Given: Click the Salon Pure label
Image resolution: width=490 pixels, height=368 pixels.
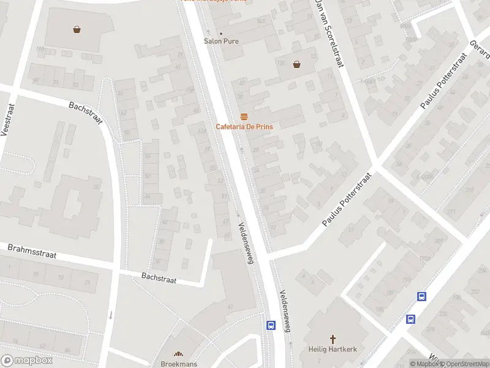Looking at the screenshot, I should (221, 41).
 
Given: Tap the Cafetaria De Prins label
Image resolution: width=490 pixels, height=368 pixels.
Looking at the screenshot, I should (244, 126).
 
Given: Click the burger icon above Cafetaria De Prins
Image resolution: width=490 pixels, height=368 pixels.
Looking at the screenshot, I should (244, 116).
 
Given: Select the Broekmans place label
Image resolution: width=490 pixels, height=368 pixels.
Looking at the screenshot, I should (179, 364).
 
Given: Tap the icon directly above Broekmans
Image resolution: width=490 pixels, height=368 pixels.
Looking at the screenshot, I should (179, 354).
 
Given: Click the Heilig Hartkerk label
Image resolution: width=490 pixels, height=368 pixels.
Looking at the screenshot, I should (333, 349).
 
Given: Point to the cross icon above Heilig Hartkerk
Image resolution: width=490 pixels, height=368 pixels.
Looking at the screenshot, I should (333, 339).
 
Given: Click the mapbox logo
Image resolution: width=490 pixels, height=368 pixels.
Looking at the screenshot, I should (27, 361).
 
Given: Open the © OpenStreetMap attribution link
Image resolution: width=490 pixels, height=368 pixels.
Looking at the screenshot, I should (464, 364).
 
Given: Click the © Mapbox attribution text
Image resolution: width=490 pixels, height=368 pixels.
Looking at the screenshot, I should (424, 364).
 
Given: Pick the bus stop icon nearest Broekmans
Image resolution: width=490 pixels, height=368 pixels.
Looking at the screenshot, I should (270, 325).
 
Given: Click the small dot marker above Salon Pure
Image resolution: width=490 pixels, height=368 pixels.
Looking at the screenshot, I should (221, 33).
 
